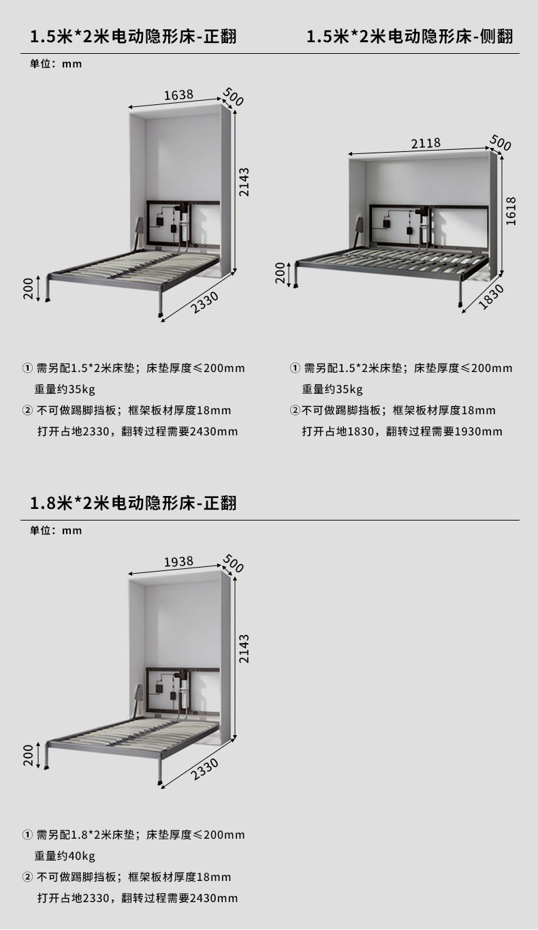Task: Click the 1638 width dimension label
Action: click(178, 95)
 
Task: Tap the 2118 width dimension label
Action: click(426, 143)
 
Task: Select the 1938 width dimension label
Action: click(178, 561)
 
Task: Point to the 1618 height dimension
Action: click(511, 211)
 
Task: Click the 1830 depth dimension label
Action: click(490, 297)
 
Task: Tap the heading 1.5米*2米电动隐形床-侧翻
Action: click(409, 36)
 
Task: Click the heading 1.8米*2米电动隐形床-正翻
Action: click(133, 503)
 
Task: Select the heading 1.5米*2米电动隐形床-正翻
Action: click(133, 36)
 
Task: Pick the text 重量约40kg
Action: click(65, 856)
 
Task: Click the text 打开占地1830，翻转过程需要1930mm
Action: click(402, 431)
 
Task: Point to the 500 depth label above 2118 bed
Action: click(501, 143)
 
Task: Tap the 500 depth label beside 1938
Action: click(233, 565)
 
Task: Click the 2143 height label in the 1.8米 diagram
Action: click(244, 649)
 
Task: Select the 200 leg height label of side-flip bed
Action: click(280, 273)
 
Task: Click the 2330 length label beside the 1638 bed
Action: click(204, 302)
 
